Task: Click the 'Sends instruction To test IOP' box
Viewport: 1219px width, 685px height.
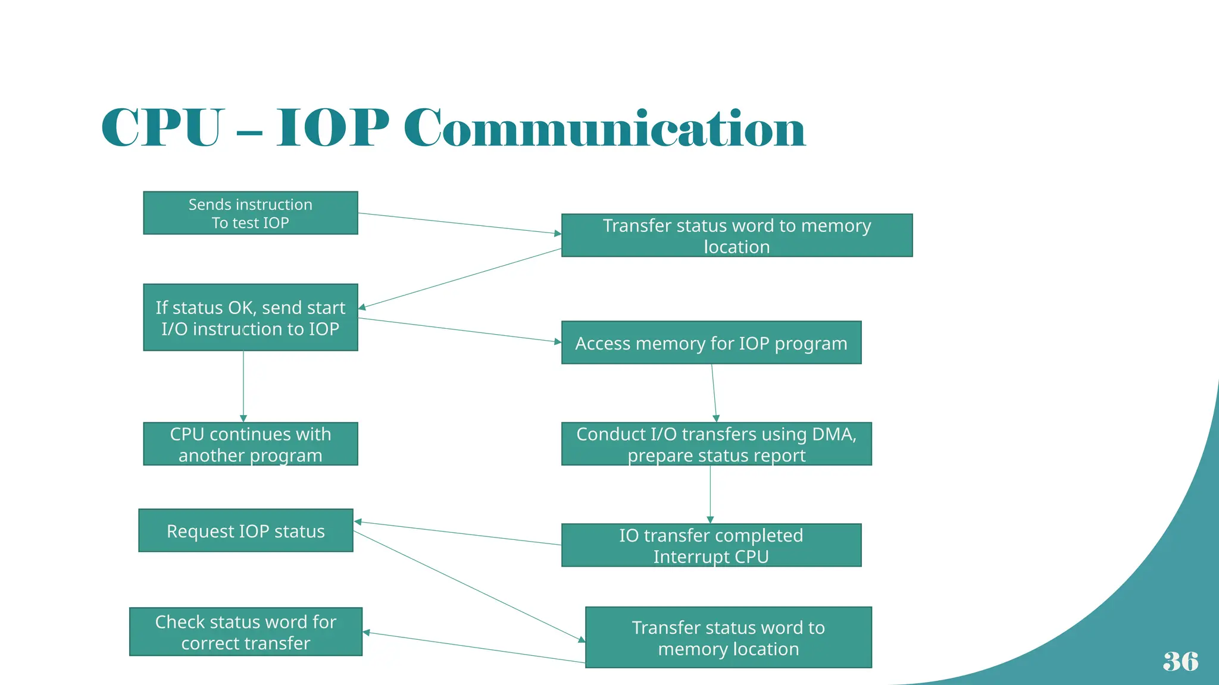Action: (250, 213)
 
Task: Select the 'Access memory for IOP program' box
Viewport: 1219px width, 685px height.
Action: (711, 342)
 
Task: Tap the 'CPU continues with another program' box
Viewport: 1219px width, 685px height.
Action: (250, 444)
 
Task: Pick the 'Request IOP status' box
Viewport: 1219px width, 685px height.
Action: (245, 530)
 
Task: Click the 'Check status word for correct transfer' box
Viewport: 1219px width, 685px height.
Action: (245, 632)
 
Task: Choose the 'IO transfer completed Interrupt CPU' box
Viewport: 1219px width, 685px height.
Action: (711, 545)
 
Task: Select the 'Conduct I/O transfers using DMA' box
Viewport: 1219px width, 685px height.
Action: (716, 444)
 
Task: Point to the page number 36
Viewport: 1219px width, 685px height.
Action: (1180, 661)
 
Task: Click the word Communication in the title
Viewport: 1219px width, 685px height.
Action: (604, 128)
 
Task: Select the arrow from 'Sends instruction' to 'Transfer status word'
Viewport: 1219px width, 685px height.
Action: (458, 223)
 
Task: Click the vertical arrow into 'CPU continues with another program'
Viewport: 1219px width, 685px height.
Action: (243, 387)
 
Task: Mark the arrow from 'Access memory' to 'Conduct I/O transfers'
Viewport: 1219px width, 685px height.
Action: (714, 392)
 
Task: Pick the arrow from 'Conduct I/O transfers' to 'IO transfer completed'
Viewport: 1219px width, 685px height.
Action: (710, 494)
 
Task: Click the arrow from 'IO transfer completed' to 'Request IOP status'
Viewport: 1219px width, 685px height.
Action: (458, 533)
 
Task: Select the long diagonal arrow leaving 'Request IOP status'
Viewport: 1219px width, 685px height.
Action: (470, 586)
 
